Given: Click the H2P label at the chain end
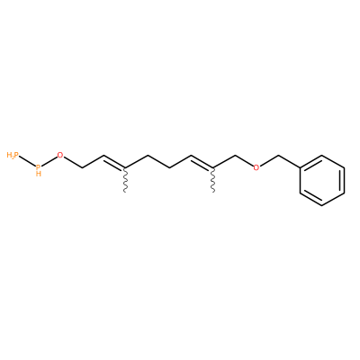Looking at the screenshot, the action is pyautogui.click(x=13, y=155).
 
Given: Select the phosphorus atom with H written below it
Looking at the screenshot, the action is pyautogui.click(x=38, y=166).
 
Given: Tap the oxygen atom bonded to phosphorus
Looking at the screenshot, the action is pyautogui.click(x=60, y=155).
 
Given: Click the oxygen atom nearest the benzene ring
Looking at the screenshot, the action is pyautogui.click(x=256, y=167).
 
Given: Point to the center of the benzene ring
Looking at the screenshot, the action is pyautogui.click(x=322, y=180).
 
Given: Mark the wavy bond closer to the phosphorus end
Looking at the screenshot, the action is pyautogui.click(x=125, y=180).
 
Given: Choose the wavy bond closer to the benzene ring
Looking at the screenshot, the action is pyautogui.click(x=213, y=180).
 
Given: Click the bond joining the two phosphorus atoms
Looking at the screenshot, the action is pyautogui.click(x=28, y=161).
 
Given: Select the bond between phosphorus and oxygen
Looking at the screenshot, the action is pyautogui.click(x=49, y=161).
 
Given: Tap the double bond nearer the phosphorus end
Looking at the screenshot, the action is pyautogui.click(x=114, y=162).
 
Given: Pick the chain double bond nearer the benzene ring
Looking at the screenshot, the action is pyautogui.click(x=202, y=162).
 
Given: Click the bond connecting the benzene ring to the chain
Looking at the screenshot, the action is pyautogui.click(x=290, y=161).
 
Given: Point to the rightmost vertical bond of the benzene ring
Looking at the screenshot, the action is pyautogui.click(x=344, y=180).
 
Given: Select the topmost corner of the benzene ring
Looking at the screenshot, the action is pyautogui.click(x=322, y=155).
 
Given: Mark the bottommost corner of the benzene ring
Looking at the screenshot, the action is pyautogui.click(x=322, y=205).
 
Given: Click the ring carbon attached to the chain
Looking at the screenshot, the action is pyautogui.click(x=300, y=167).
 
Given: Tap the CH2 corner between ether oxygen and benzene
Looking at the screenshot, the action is pyautogui.click(x=279, y=156).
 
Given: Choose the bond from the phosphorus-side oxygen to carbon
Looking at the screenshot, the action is pyautogui.click(x=72, y=163).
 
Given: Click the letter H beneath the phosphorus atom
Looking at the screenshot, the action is pyautogui.click(x=39, y=174).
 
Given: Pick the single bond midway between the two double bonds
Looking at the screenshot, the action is pyautogui.click(x=158, y=161).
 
